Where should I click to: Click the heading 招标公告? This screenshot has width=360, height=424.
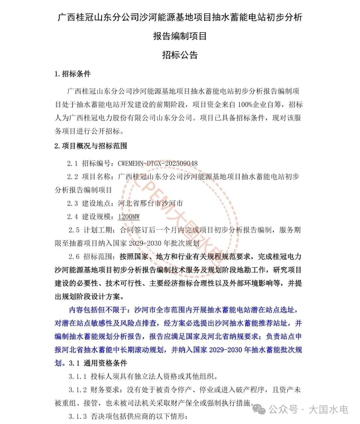click(180, 55)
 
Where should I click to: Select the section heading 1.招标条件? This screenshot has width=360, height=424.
click(73, 74)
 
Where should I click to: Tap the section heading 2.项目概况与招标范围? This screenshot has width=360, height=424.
click(91, 146)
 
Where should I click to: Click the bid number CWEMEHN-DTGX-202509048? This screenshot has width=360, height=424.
click(158, 163)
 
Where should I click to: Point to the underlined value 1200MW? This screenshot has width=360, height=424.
click(129, 217)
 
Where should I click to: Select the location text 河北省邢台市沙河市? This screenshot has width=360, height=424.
click(150, 203)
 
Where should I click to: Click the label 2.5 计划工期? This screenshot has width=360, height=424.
click(91, 230)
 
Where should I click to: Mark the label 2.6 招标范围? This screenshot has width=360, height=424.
click(91, 257)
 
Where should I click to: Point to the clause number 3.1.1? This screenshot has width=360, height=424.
click(78, 377)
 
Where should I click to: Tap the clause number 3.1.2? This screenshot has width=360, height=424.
click(78, 390)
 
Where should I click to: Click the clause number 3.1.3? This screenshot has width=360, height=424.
click(78, 417)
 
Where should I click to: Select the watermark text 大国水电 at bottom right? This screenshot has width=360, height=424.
click(328, 409)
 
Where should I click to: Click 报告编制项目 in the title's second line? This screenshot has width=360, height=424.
click(180, 36)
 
